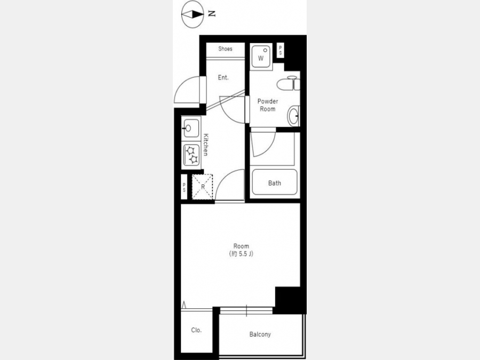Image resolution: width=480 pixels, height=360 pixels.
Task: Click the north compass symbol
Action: (193, 14)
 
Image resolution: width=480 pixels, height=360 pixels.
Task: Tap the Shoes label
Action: (225, 49)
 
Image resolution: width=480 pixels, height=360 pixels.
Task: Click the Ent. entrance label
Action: (223, 77)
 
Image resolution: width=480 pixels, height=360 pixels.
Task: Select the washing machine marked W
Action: (261, 57)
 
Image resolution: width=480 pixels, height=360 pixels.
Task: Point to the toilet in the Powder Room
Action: (288, 84)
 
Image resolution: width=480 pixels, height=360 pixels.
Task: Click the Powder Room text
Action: (268, 105)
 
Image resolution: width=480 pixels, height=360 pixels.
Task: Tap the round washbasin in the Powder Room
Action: (293, 116)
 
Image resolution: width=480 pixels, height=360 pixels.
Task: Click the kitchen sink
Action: (191, 128)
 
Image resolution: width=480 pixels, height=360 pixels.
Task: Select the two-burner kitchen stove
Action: (191, 155)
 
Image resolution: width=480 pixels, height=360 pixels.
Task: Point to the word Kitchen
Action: (206, 145)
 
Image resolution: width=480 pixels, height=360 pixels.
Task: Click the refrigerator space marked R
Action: (202, 187)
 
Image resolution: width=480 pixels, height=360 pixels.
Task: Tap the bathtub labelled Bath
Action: (275, 182)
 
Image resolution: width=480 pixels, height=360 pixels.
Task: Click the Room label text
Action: (241, 246)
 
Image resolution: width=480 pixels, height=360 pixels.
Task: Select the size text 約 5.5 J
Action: (241, 254)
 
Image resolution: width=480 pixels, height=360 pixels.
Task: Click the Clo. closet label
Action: (196, 330)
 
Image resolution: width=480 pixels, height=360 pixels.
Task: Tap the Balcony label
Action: (260, 334)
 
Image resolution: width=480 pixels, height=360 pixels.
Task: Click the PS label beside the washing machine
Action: (280, 50)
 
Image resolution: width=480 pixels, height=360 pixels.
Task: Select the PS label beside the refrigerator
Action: (184, 187)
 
